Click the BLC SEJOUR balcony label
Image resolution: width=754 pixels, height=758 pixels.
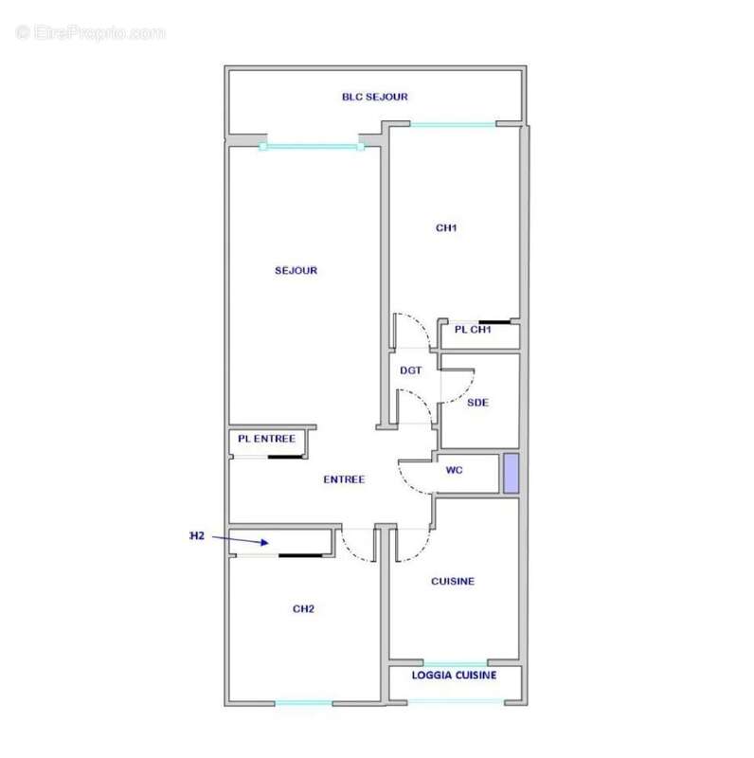point(375,97)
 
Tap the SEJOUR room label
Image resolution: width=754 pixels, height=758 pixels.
point(296,271)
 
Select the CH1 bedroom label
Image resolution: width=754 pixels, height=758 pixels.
point(446,227)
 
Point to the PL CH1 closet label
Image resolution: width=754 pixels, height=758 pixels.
point(473,330)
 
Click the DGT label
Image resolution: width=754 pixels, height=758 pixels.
point(410,370)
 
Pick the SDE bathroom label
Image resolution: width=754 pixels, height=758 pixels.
point(477,403)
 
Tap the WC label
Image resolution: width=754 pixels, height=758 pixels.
point(454,471)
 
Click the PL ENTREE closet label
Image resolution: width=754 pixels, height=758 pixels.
point(266,439)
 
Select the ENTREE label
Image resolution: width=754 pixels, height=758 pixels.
point(344,479)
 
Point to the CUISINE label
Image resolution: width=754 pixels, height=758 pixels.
point(453,581)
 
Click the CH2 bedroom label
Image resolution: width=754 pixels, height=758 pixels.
point(303,608)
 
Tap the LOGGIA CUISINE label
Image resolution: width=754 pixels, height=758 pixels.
point(454,676)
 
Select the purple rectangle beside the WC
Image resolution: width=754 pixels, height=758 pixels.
point(511,474)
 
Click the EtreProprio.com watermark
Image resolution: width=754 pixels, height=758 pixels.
point(91,33)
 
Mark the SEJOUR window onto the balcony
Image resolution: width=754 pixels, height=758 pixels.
point(312,147)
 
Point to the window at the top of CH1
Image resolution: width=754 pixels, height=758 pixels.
point(452,124)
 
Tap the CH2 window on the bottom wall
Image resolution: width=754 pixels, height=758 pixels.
point(304,703)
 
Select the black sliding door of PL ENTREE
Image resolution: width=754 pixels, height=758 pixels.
point(284,458)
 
